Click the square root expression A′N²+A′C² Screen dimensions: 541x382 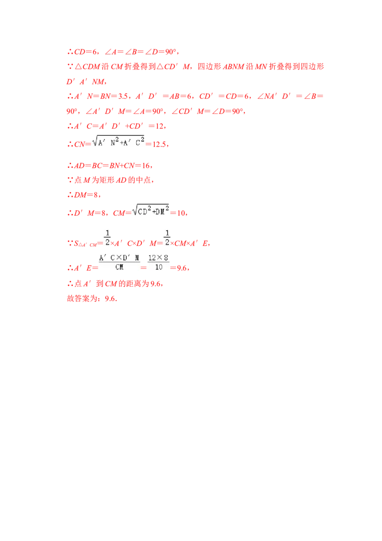122,141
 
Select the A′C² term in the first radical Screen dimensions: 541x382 135,142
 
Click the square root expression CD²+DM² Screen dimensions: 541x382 151,211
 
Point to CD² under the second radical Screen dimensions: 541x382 144,212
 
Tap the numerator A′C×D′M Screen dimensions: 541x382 119,258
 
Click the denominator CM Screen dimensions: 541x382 119,268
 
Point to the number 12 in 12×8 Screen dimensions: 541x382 152,258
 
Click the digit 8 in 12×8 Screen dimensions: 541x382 166,258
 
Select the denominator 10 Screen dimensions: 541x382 159,268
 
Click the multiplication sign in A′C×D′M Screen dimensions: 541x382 121,258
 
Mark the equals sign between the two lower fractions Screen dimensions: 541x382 143,268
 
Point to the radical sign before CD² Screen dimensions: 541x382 134,211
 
